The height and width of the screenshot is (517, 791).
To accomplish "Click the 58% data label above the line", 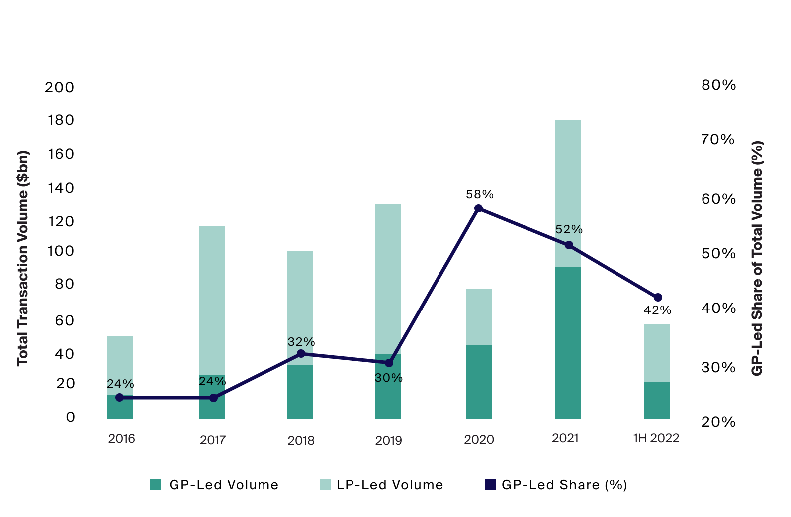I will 479,194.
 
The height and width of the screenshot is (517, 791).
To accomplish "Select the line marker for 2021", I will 569,245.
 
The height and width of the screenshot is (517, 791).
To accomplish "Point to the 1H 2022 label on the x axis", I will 656,438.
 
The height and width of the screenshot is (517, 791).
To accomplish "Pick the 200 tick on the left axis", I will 59,88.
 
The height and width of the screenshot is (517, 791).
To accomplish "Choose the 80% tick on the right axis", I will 718,85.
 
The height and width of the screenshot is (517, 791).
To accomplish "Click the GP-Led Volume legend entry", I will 215,485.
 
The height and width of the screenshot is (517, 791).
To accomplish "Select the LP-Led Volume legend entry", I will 381,485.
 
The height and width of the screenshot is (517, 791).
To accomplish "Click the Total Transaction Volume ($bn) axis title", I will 23,258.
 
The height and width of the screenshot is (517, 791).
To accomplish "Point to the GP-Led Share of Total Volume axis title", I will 757,258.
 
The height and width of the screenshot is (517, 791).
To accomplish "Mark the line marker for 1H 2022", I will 658,298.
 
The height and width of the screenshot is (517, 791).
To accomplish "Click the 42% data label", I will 657,310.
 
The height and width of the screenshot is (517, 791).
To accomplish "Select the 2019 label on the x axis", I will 388,440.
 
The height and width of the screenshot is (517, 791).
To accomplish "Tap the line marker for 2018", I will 301,354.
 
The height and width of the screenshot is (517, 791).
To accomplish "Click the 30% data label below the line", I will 388,378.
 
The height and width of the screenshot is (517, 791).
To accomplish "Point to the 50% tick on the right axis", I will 718,254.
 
